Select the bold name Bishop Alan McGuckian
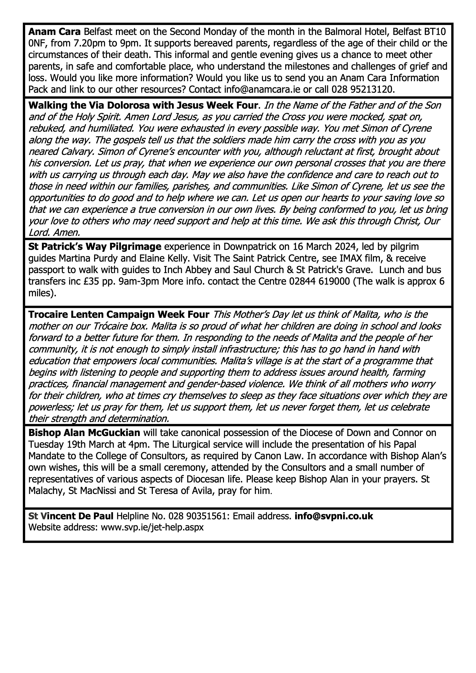84,433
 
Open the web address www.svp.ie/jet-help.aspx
152,528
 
